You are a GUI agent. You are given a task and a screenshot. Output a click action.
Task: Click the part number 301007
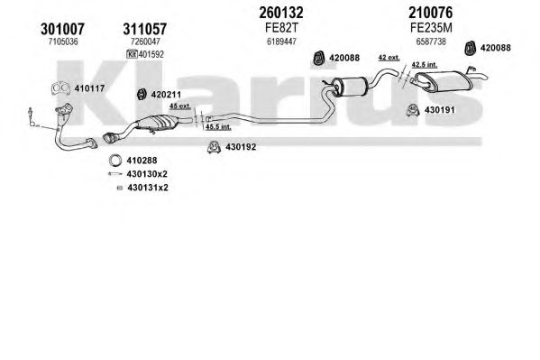click(62, 29)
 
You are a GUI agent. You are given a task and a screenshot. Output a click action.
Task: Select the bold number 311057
click(145, 29)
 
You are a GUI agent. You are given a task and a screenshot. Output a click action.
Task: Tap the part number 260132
click(281, 14)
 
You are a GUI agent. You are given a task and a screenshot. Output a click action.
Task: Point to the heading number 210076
click(431, 14)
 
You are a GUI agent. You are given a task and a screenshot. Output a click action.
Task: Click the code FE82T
click(281, 28)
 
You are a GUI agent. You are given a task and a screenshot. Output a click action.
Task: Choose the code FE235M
click(431, 28)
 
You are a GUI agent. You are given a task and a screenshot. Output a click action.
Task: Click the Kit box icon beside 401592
click(132, 54)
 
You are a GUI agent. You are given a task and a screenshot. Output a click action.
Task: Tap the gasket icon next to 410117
click(61, 88)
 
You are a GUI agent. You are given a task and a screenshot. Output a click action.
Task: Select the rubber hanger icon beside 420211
click(142, 95)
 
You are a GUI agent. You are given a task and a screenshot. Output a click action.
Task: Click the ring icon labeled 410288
click(115, 161)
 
